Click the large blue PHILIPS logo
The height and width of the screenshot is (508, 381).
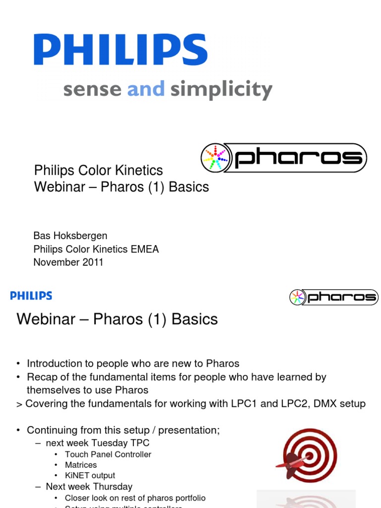(121, 50)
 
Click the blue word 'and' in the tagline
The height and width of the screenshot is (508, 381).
(146, 90)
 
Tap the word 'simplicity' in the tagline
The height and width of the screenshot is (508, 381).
(221, 90)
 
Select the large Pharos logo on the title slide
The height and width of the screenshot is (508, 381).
(283, 158)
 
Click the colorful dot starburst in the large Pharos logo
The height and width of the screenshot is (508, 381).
(215, 158)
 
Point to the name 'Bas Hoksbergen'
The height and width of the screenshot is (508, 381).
(70, 236)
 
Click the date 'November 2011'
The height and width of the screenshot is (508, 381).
(68, 262)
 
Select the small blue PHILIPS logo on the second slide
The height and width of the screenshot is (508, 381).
(31, 296)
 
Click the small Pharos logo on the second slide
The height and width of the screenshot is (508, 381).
(333, 297)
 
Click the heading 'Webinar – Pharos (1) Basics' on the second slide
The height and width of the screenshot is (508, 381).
(117, 319)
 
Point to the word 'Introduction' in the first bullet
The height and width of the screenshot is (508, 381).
(55, 364)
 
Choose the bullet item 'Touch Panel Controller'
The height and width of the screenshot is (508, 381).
(108, 454)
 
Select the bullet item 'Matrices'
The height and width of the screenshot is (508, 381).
(81, 465)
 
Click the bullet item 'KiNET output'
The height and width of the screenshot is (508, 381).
(90, 475)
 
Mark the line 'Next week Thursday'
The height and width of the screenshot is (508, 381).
(89, 487)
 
